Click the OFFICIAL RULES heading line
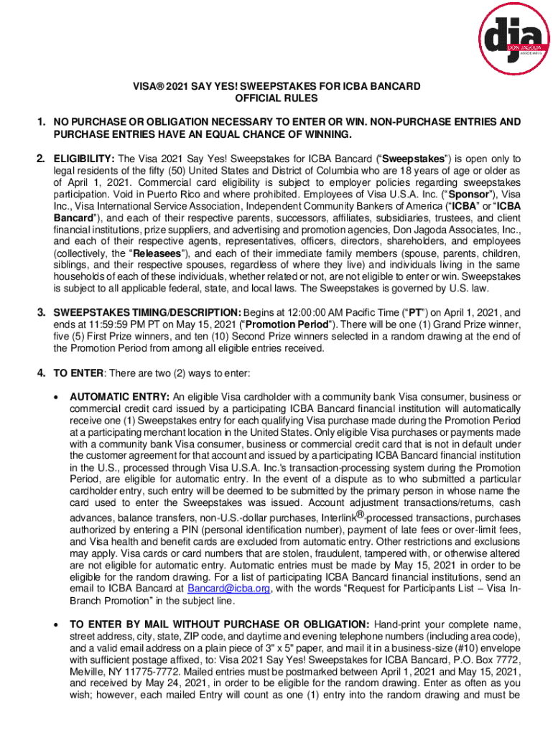(276, 99)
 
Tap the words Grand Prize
(457, 324)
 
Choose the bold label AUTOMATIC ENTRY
(119, 397)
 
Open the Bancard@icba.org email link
(228, 589)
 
